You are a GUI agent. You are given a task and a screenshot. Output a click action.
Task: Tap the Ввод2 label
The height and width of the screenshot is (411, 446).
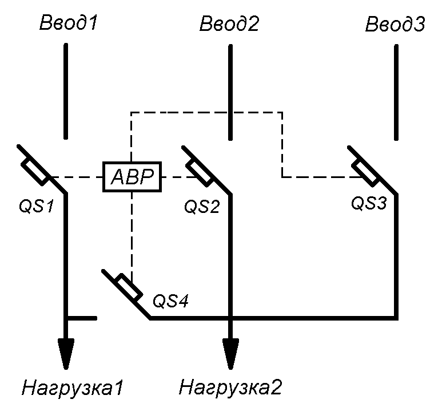click(229, 23)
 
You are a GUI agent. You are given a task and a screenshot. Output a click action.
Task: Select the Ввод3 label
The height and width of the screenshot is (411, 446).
click(395, 25)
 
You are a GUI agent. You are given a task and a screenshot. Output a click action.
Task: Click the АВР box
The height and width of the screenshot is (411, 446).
click(132, 178)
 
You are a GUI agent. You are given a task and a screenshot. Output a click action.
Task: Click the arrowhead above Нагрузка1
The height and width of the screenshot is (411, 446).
click(66, 353)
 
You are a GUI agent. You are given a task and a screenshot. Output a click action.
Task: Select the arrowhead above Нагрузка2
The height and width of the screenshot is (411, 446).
click(230, 353)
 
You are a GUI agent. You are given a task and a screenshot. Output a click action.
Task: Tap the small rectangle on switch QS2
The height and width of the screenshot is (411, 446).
click(200, 172)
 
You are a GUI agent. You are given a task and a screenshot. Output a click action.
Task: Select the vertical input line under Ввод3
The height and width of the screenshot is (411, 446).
click(395, 92)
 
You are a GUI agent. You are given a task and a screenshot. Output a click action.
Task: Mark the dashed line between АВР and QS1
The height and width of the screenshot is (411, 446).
click(77, 177)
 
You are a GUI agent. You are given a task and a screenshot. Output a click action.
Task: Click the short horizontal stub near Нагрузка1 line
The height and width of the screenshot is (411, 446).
click(83, 318)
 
